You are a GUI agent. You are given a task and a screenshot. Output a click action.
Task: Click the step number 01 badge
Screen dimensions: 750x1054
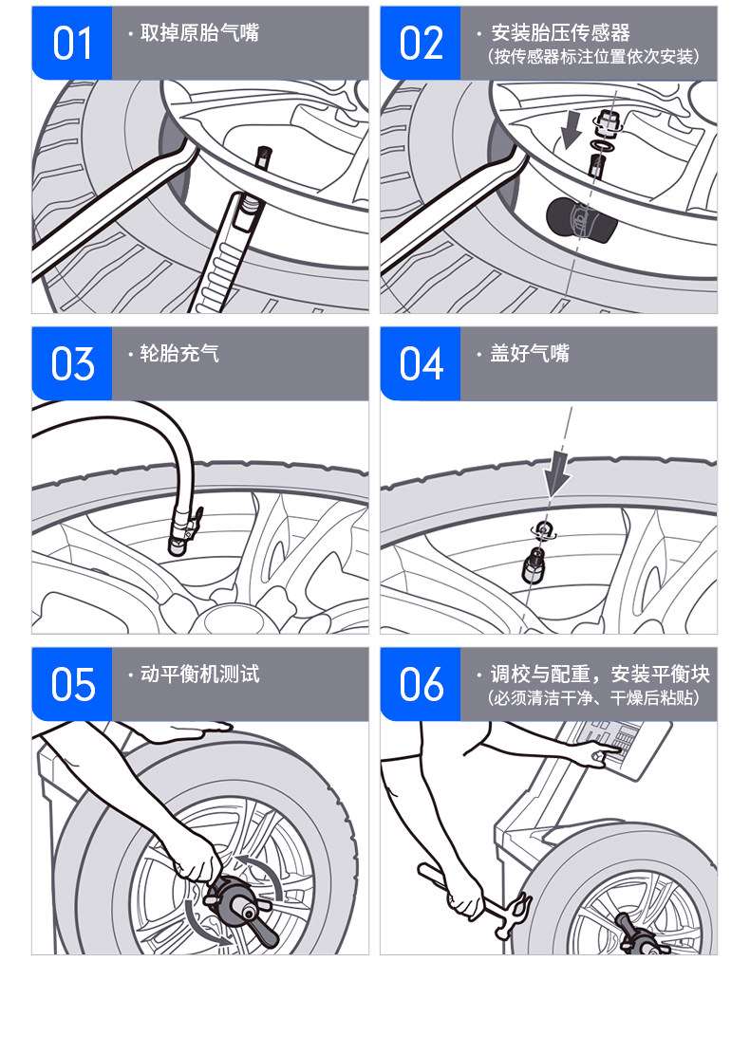72,44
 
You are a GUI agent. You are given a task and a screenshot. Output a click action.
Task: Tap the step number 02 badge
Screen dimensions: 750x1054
421,44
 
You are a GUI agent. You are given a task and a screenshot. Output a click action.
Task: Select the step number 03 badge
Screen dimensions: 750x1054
72,363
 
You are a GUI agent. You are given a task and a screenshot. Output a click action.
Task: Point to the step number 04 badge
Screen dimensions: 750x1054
421,363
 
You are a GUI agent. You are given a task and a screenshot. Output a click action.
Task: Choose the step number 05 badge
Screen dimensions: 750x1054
72,684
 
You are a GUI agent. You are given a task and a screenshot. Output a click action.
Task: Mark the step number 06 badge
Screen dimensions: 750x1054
421,684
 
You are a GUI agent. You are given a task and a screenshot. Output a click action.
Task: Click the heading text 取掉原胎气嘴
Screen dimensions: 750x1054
199,32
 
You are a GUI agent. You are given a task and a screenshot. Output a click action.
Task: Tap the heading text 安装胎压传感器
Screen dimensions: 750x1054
560,32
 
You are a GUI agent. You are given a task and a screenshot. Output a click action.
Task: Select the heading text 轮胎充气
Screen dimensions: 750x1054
179,353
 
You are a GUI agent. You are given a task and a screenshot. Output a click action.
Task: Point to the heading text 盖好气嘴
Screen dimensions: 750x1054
530,353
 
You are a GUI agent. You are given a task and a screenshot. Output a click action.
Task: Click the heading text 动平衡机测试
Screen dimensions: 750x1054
199,674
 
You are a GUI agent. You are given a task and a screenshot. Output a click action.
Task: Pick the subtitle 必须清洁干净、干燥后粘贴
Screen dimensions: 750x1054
593,697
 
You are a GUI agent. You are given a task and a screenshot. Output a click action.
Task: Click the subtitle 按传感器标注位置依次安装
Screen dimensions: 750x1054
593,57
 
